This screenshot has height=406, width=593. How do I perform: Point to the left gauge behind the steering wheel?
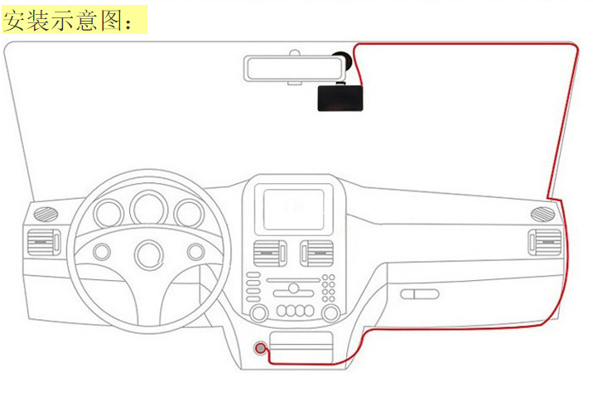point(108,214)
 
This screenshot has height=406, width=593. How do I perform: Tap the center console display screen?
point(294,206)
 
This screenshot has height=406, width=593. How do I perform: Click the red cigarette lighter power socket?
point(261,349)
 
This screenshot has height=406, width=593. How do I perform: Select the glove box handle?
point(420,293)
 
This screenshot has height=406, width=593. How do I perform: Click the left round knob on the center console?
point(258,312)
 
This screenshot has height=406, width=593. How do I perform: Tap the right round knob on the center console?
point(330,312)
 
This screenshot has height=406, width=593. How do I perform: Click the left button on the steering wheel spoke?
point(103,250)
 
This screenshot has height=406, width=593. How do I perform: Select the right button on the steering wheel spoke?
point(195,250)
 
